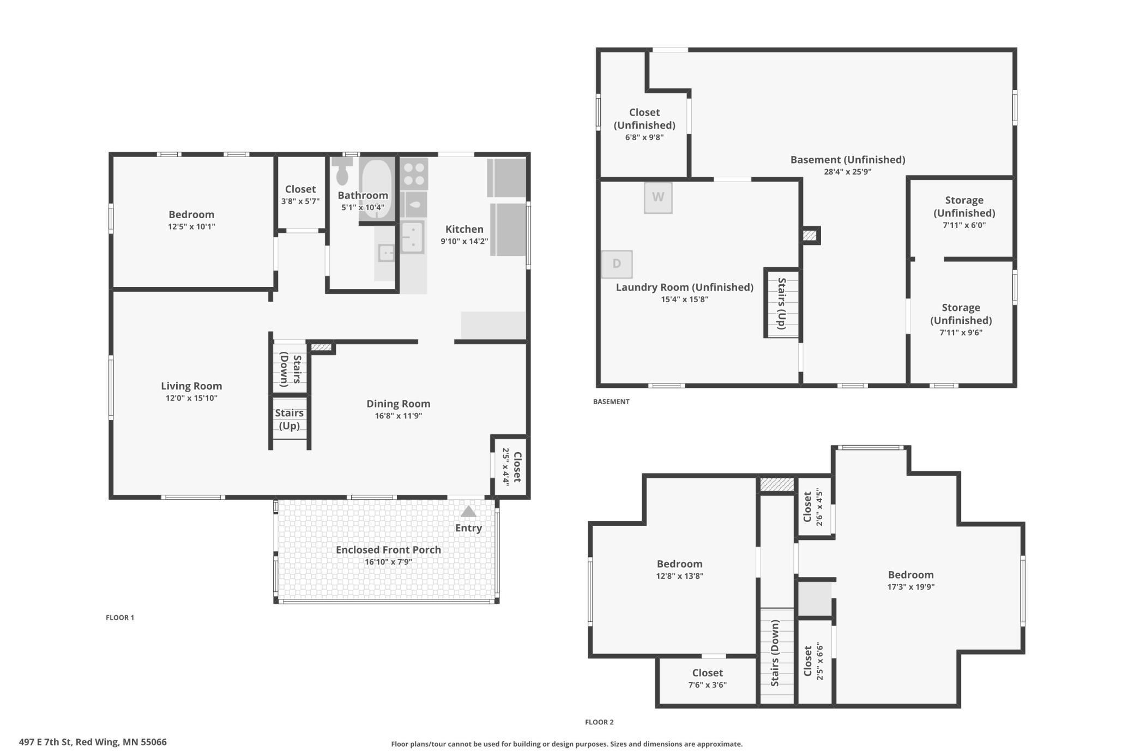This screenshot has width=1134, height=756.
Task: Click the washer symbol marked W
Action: coord(658,197)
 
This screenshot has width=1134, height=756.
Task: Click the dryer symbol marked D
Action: coord(617,264)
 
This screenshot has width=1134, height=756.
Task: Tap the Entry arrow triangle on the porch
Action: coord(468,511)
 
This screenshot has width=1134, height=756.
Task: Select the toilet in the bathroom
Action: coord(342,171)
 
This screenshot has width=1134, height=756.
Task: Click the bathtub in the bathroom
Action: coord(377,188)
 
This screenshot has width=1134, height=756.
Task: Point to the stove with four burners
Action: coord(414,173)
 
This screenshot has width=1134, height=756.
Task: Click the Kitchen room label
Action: coord(465,229)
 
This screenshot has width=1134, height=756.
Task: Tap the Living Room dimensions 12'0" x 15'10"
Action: coord(191,398)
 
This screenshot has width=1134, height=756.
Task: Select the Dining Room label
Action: coord(399,404)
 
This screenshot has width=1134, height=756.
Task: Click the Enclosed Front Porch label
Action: coord(388,550)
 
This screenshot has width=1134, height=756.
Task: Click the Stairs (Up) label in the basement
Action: coord(781,303)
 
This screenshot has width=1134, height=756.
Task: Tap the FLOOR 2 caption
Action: coord(599,722)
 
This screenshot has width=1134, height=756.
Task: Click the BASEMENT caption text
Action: coord(611,401)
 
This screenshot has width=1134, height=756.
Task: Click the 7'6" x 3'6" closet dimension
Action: coord(707,685)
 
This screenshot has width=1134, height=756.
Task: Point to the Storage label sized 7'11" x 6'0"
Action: coord(964,206)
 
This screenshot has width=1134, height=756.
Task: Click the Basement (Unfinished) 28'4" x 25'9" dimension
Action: coord(848,172)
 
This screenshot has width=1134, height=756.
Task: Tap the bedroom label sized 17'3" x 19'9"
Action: coord(910,575)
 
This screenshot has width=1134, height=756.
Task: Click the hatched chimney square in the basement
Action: coord(810,236)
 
